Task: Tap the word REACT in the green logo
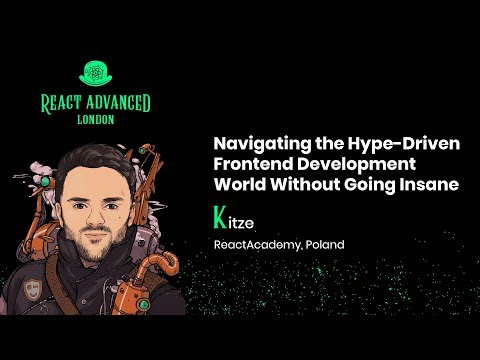pos(62,102)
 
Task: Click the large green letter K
pos(219,216)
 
